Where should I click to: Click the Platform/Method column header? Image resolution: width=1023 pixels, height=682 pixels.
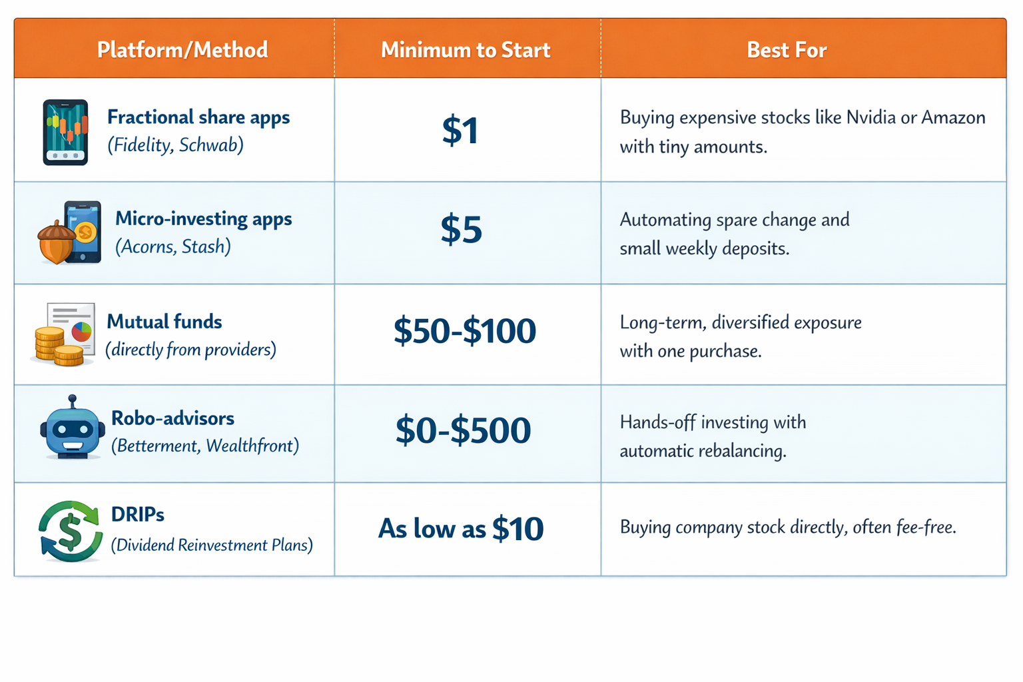182,50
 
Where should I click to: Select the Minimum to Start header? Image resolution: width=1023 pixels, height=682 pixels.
466,50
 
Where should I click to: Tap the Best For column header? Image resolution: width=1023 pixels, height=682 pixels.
787,50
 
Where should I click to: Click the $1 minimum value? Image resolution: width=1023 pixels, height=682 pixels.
460,131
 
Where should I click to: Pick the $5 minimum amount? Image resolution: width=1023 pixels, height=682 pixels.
461,229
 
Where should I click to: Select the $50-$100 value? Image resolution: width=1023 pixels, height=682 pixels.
464,330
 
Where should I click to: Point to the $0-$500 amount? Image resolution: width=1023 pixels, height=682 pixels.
463,430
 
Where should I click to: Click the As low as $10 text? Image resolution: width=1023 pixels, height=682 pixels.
461,529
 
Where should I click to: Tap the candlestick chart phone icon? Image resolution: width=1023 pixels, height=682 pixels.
65,132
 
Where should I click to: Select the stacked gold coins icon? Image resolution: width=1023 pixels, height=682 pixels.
59,346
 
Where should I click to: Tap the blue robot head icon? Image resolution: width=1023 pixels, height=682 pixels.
72,427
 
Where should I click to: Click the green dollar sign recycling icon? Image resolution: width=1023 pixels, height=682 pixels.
71,531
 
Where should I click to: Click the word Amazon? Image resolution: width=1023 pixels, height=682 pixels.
953,117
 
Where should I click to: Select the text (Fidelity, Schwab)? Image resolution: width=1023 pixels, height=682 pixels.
175,145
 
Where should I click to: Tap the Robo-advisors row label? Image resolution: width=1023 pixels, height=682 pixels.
172,418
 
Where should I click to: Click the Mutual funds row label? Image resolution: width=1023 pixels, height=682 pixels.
165,322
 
